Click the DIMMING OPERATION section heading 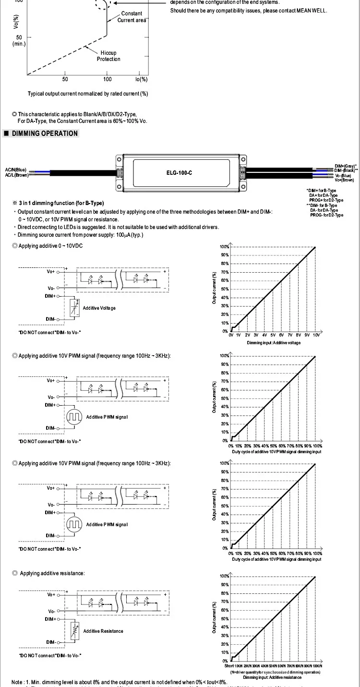pyautogui.click(x=45, y=133)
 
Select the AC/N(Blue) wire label pyautogui.click(x=15, y=169)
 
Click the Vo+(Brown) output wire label pyautogui.click(x=344, y=180)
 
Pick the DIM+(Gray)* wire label pyautogui.click(x=346, y=166)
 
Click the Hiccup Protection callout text pyautogui.click(x=108, y=56)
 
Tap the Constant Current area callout pyautogui.click(x=132, y=17)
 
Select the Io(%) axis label pyautogui.click(x=142, y=79)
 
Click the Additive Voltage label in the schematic pyautogui.click(x=99, y=308)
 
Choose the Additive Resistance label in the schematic pyautogui.click(x=103, y=631)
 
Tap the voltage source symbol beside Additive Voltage pyautogui.click(x=74, y=307)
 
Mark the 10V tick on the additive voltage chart pyautogui.click(x=316, y=335)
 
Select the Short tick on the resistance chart pyautogui.click(x=229, y=666)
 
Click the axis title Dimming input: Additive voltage pyautogui.click(x=274, y=343)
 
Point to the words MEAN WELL pyautogui.click(x=312, y=10)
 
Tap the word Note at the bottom pyautogui.click(x=17, y=682)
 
